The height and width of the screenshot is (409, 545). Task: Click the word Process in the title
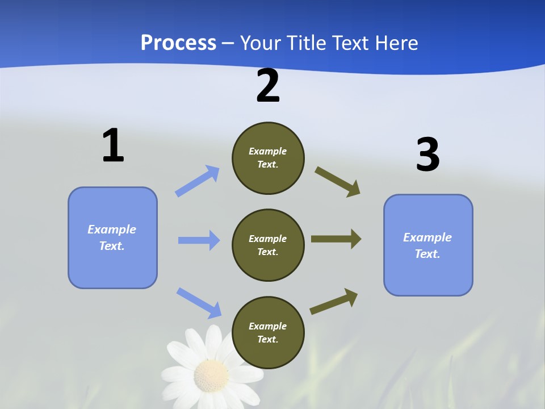click(178, 43)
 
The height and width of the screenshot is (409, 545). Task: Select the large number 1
click(113, 146)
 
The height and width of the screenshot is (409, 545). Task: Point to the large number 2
click(268, 86)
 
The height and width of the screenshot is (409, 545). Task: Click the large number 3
click(427, 155)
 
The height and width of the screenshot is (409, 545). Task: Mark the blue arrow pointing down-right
click(199, 302)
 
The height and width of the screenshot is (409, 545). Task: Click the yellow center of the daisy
click(211, 375)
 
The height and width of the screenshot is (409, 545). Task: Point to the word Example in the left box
click(112, 229)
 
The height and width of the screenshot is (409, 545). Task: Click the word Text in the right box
click(426, 254)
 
